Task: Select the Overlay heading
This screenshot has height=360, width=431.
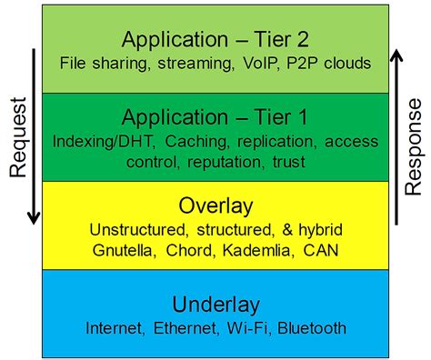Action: click(x=216, y=205)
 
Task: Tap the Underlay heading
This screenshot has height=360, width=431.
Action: click(x=216, y=303)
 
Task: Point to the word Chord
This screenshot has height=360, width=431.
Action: click(x=185, y=248)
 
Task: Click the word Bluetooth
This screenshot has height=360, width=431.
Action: click(x=312, y=327)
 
